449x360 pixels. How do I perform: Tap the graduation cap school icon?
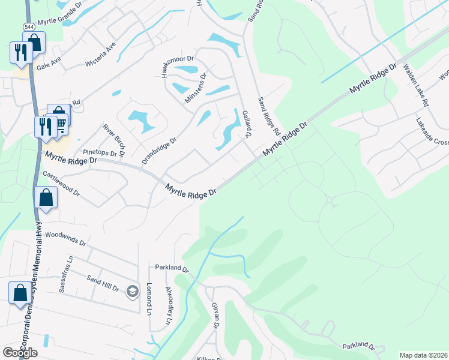(132, 292)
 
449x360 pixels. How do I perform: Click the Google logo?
(20, 353)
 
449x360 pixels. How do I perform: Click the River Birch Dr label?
(113, 140)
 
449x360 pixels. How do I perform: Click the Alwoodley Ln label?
(169, 306)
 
